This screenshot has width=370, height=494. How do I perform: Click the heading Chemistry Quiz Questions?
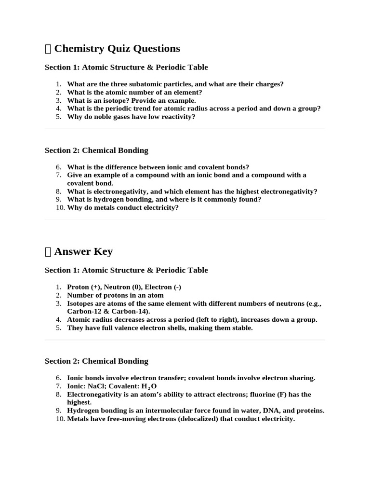[x=117, y=48]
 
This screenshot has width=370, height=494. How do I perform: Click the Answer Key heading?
[x=83, y=251]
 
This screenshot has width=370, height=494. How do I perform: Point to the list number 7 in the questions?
[x=58, y=175]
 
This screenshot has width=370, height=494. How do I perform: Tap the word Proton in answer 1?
[x=78, y=287]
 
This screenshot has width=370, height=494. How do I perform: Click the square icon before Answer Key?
[x=48, y=252]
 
